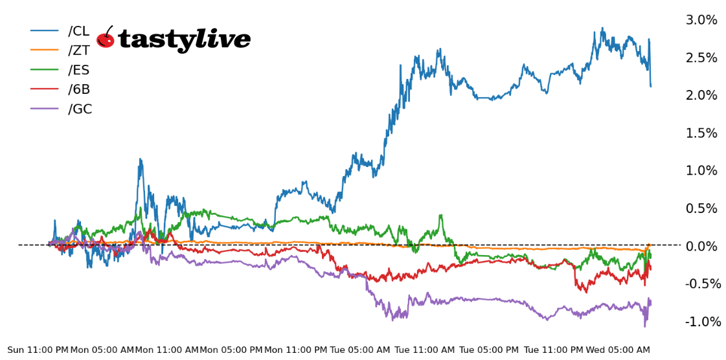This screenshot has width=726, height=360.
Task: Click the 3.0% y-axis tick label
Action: (x=701, y=20)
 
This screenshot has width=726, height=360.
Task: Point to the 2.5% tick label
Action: (x=701, y=58)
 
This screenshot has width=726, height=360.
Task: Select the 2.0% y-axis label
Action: (x=701, y=95)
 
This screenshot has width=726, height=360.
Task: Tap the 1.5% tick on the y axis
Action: (x=701, y=133)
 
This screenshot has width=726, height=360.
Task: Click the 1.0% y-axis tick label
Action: (x=701, y=170)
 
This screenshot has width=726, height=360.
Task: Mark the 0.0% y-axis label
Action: (x=701, y=246)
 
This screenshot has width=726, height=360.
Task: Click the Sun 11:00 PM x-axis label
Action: (x=38, y=350)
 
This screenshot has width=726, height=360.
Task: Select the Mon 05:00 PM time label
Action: (x=231, y=350)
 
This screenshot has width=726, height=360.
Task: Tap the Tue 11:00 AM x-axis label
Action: (x=425, y=350)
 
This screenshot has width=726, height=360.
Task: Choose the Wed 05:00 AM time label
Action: (x=618, y=350)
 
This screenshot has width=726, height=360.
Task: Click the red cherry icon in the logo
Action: (x=106, y=39)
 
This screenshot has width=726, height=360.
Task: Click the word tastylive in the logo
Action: (x=184, y=40)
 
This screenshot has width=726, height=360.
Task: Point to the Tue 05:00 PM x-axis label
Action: (x=489, y=350)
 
